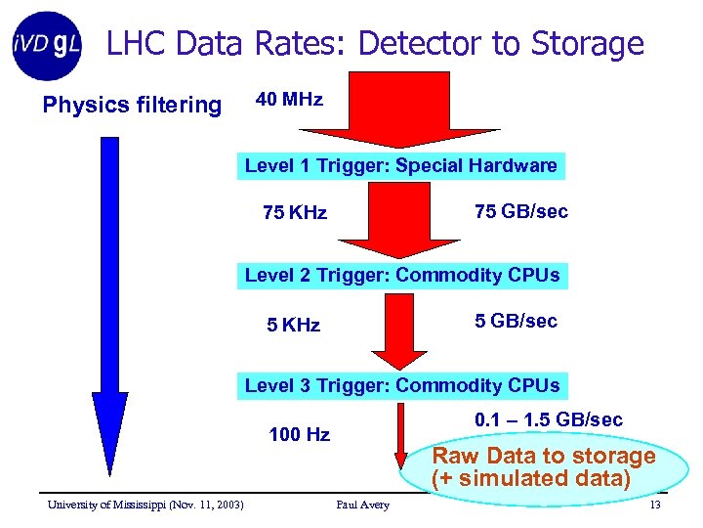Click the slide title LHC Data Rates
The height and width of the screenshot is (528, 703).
click(375, 44)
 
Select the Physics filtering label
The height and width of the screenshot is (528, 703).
click(132, 105)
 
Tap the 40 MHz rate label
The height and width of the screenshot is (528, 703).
click(289, 100)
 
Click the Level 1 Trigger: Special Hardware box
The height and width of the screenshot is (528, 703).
click(400, 165)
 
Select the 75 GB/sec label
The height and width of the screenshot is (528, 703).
click(520, 211)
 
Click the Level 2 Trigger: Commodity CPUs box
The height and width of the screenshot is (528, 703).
click(402, 275)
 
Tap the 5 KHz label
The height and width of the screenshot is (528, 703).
click(293, 325)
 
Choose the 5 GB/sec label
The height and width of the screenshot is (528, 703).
click(516, 321)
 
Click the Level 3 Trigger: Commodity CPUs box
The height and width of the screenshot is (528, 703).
click(402, 385)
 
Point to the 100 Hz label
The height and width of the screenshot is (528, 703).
click(299, 434)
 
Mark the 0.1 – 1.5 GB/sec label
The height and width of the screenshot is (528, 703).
click(548, 420)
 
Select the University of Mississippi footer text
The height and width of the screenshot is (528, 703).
click(146, 505)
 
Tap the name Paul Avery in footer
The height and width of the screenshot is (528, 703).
click(362, 505)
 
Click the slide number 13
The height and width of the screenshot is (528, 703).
click(654, 505)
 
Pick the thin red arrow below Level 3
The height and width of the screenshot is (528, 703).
click(399, 435)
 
